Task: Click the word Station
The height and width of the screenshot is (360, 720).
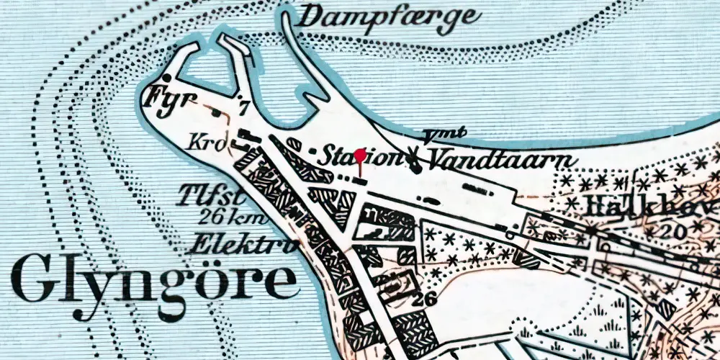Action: click(359, 156)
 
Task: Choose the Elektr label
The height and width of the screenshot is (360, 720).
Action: click(241, 245)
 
